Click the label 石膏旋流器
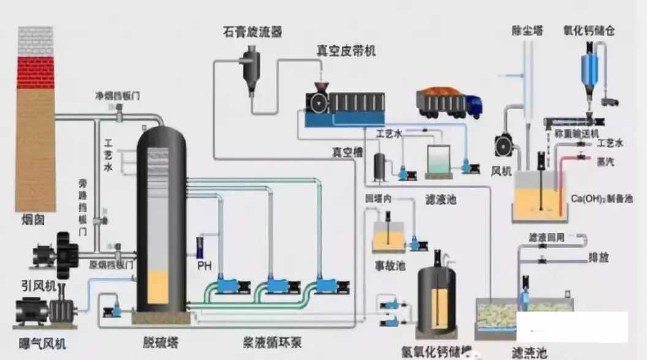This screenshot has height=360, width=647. [252, 32]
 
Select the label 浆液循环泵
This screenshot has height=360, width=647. [271, 341]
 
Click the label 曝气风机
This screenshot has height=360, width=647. [38, 342]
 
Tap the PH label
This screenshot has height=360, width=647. [204, 266]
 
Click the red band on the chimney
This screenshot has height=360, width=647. [36, 72]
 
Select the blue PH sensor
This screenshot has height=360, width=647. [200, 247]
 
